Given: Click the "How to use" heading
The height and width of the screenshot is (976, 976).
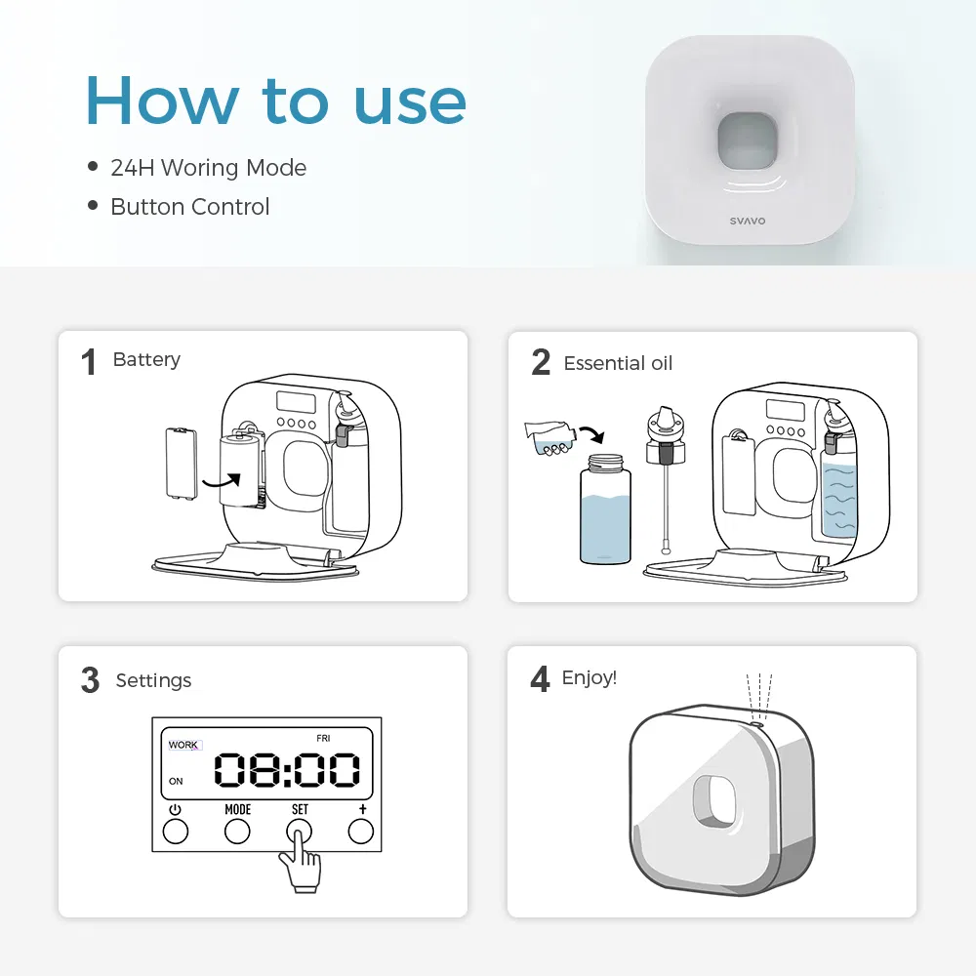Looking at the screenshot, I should click(276, 101).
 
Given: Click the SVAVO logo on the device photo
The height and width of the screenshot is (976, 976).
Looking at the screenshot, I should click(748, 221).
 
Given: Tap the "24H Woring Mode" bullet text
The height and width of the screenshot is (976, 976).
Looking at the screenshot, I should click(208, 168).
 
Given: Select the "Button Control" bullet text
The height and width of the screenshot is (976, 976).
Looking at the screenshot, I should click(189, 207).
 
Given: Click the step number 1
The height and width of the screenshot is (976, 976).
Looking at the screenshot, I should click(89, 363).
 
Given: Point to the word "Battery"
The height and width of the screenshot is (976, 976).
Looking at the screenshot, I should click(146, 360).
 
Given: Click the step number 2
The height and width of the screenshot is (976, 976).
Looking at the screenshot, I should click(541, 363).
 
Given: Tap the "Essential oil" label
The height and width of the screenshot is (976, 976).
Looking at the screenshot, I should click(618, 364).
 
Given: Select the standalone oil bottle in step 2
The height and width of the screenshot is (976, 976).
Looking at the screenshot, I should click(605, 512).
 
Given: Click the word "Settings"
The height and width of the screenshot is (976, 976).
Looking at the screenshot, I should click(153, 680).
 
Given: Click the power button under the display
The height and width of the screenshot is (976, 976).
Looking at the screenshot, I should click(175, 831).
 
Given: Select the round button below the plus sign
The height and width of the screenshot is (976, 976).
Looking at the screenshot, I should click(361, 831).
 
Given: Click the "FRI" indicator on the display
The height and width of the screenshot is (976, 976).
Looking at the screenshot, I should click(323, 739).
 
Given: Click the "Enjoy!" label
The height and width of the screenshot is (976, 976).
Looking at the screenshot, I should click(590, 677).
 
